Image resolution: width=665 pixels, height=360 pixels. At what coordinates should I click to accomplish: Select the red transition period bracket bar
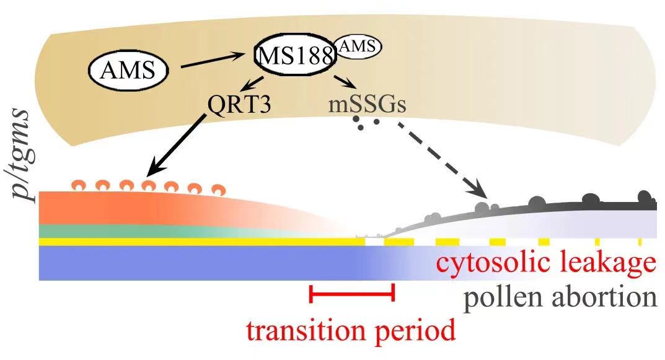(x=351, y=294)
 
